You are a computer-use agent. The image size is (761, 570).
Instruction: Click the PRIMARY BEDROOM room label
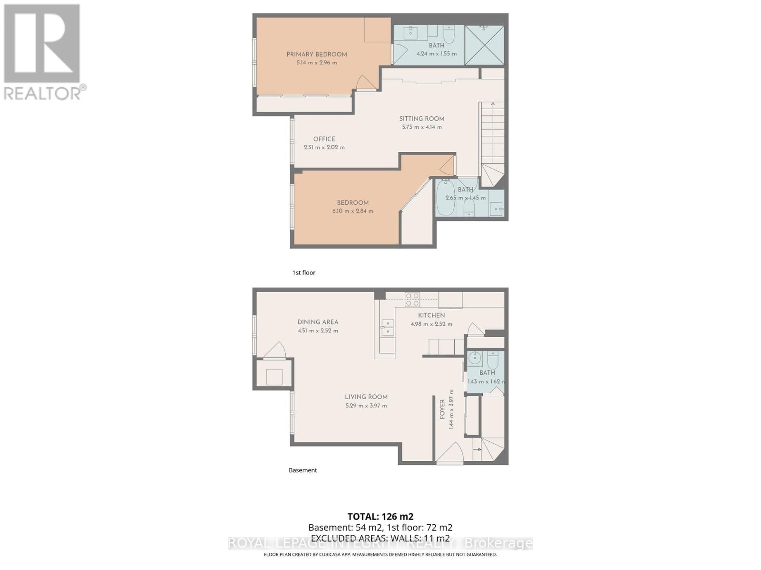[316, 54]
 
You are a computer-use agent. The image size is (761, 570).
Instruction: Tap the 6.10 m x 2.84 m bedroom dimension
[352, 211]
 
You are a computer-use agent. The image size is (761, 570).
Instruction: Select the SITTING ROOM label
[422, 119]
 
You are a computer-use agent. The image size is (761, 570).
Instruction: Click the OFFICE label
[324, 139]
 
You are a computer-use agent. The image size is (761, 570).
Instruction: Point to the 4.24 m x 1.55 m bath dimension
[437, 54]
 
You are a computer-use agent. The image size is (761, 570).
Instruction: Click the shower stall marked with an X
[484, 45]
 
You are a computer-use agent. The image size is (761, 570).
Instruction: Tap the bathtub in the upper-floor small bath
[446, 198]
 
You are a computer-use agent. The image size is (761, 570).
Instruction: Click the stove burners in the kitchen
[412, 299]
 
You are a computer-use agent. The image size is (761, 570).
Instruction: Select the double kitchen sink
[387, 327]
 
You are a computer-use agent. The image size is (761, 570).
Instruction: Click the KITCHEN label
[431, 315]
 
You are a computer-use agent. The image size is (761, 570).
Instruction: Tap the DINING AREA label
[318, 322]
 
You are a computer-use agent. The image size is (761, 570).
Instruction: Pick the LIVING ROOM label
[366, 397]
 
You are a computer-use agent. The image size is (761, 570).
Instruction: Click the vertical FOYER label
[442, 409]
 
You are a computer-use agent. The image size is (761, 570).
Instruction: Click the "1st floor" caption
[304, 273]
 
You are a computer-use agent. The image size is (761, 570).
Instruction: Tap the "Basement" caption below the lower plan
[303, 470]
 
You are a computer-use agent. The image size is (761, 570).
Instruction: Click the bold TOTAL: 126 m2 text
[380, 516]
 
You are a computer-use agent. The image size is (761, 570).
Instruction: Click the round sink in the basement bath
[474, 358]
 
